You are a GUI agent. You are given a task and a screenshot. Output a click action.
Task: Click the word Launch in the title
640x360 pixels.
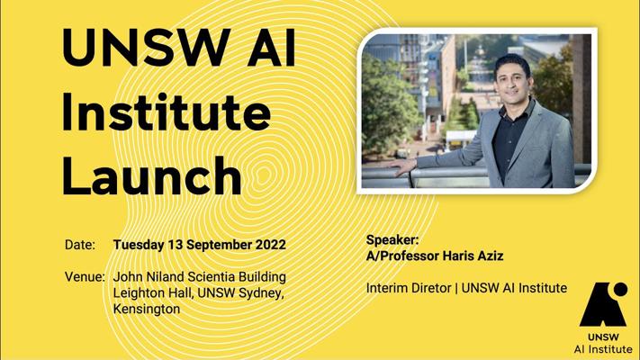pos(152,175)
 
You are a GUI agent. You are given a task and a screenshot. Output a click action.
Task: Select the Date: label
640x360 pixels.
pos(80,245)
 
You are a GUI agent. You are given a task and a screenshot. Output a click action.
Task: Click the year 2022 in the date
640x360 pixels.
pos(271,245)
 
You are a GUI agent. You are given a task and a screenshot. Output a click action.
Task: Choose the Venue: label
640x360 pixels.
pos(85,276)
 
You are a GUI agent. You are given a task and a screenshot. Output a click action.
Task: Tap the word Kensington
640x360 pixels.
pos(147,309)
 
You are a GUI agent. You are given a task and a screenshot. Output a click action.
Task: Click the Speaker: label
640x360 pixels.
pos(392,240)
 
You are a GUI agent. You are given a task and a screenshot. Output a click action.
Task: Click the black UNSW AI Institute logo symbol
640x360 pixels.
pos(603,304)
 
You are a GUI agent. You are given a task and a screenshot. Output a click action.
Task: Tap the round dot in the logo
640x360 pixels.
pos(620,289)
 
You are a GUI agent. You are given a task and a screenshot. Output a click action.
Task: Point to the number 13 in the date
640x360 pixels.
pos(175,245)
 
